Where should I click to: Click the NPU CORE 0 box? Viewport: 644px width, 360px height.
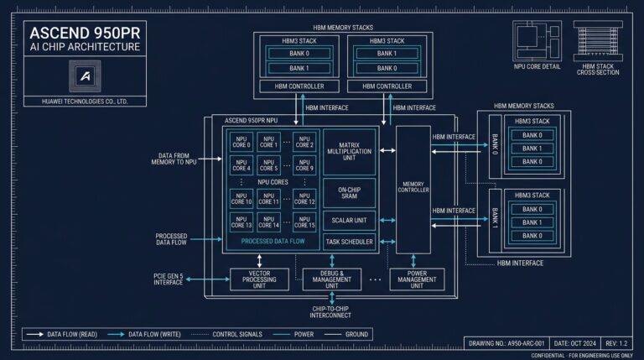coord(242,141)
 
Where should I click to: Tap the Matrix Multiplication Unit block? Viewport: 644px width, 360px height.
coord(349,150)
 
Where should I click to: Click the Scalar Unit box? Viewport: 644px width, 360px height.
coord(349,221)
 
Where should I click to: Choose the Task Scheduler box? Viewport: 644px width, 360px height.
coord(349,242)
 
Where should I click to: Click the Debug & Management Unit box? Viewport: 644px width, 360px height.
coord(330,279)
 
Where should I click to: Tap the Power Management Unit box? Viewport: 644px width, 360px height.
coord(417,279)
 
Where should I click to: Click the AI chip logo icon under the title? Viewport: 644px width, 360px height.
coord(85,76)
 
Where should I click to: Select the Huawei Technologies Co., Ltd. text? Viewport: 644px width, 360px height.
coord(85,101)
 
